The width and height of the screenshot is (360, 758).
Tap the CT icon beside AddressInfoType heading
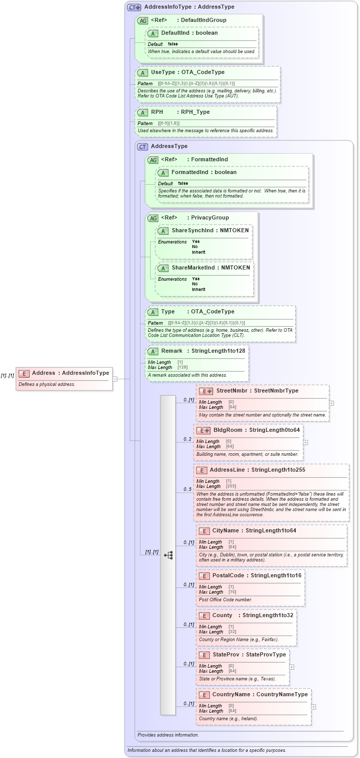click(134, 7)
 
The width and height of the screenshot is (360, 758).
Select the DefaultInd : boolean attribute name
click(189, 33)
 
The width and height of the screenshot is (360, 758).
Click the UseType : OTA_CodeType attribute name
click(187, 72)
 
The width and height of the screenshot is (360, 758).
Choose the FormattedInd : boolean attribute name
click(204, 172)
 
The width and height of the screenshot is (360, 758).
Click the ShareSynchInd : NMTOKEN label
click(210, 230)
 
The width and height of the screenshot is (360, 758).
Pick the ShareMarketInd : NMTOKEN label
click(210, 267)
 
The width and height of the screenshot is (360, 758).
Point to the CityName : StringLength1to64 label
click(254, 530)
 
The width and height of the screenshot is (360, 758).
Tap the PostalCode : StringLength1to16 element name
click(256, 575)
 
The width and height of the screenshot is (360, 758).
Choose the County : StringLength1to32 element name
click(253, 615)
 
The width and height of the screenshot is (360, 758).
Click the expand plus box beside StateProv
click(292, 667)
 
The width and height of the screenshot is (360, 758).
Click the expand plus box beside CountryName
click(314, 706)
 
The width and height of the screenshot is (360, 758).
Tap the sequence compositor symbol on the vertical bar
click(168, 555)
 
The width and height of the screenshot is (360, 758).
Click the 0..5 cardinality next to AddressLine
click(187, 490)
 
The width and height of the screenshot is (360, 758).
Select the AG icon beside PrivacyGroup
click(153, 218)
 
